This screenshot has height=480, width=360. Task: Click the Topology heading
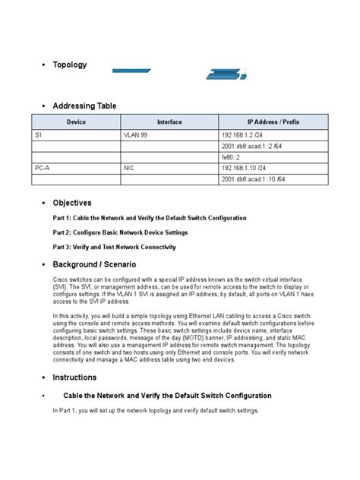[69, 65]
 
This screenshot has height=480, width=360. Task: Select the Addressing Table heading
[84, 106]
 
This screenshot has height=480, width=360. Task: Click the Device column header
[76, 122]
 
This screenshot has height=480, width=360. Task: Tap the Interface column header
[169, 122]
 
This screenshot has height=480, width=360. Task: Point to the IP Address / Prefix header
[273, 122]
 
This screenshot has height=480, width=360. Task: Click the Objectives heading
[71, 203]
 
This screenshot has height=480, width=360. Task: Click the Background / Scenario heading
[94, 264]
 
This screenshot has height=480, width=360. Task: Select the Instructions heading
[74, 377]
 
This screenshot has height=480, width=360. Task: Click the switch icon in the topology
[223, 73]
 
